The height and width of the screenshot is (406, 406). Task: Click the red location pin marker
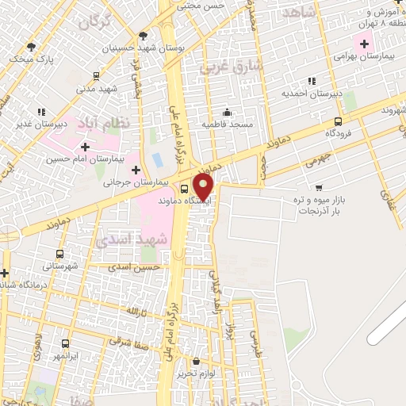tap(204, 187)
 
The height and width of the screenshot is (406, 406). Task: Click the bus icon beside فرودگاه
tap(339, 121)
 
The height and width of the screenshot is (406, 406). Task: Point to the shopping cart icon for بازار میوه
tap(319, 188)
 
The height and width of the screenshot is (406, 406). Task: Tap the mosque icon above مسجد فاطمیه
tap(228, 112)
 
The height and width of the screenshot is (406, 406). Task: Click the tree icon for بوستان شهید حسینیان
tap(143, 35)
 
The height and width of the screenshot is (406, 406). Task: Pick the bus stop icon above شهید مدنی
tap(96, 76)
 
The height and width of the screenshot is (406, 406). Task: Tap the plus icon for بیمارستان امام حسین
tap(85, 147)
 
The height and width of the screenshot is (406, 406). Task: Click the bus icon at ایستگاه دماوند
tap(184, 190)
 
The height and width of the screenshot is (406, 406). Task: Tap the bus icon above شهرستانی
tap(60, 254)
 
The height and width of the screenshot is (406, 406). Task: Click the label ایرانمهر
tap(65, 358)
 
